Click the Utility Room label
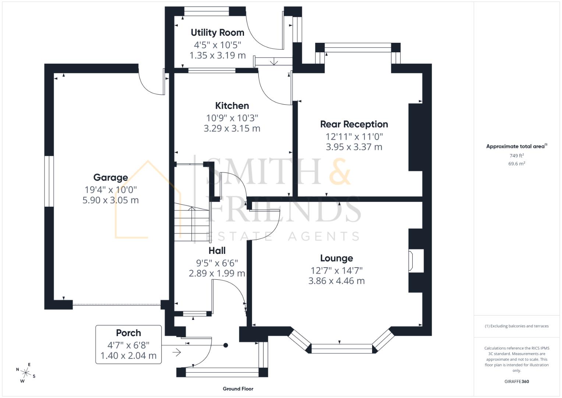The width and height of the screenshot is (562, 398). click(217, 32)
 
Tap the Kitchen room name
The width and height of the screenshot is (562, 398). click(232, 106)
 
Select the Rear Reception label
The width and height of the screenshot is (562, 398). click(354, 124)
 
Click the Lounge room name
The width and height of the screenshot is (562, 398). click(336, 258)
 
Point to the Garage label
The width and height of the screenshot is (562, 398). click(110, 178)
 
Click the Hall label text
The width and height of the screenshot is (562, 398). click(217, 251)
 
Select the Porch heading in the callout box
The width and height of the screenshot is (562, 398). click(128, 333)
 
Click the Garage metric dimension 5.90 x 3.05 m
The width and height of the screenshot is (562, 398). click(110, 200)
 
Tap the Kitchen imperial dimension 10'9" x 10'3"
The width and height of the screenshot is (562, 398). click(232, 118)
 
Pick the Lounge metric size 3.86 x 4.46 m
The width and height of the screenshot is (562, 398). click(336, 281)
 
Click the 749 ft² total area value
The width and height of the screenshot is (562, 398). click(516, 156)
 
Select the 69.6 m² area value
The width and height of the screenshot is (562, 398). click(516, 164)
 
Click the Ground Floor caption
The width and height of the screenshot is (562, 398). click(238, 389)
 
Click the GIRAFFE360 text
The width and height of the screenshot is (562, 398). click(516, 382)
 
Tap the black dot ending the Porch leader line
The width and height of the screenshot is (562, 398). click(226, 346)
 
